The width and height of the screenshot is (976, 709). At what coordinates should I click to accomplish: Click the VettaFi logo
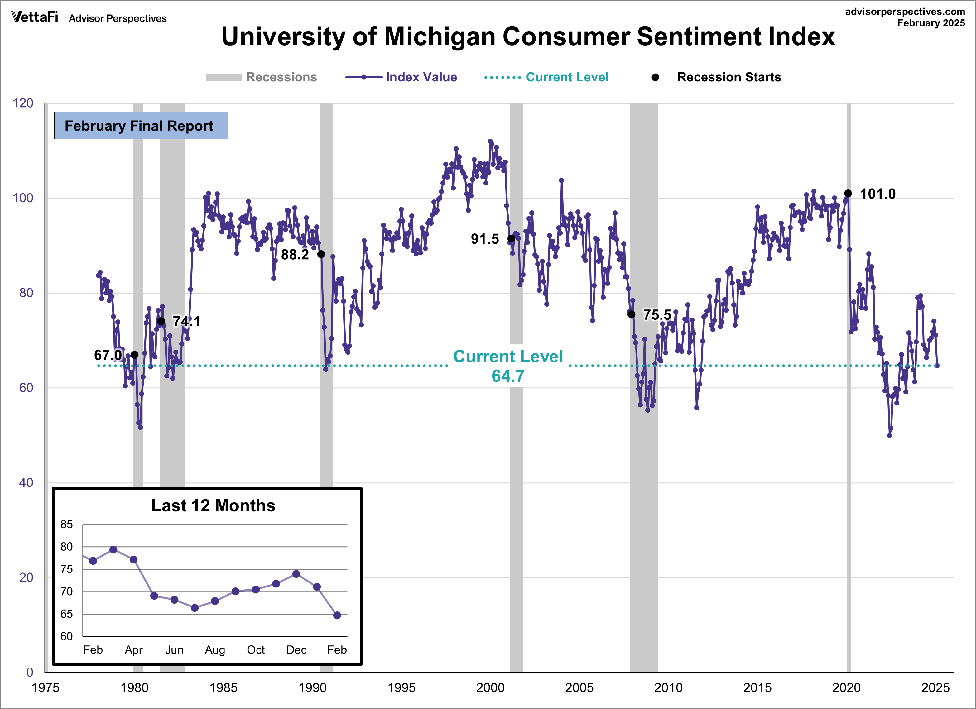[34, 17]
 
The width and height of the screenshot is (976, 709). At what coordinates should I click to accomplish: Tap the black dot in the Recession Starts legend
[655, 77]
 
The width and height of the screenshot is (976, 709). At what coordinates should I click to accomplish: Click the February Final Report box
[141, 126]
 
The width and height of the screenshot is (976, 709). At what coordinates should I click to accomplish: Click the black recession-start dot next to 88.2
[321, 254]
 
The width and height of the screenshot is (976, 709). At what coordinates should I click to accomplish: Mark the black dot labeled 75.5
[631, 314]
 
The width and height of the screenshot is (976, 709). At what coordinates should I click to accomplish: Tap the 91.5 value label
[484, 239]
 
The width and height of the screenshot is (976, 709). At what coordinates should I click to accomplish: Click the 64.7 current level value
[508, 376]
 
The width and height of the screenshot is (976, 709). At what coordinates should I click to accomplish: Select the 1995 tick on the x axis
[401, 687]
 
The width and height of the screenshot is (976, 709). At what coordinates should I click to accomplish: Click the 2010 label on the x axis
[668, 687]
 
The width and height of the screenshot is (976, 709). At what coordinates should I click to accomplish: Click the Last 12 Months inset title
[213, 505]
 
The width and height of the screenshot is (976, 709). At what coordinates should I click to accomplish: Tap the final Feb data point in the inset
[337, 615]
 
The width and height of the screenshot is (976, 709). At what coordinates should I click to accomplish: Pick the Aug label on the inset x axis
[215, 649]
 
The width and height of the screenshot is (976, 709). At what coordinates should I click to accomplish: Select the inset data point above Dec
[296, 574]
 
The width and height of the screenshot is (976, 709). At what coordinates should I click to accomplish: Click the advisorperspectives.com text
[905, 12]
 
